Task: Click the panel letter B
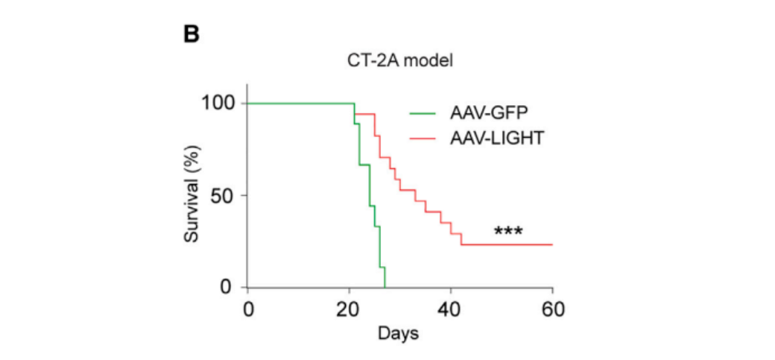[x=192, y=34]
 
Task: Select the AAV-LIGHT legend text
[x=499, y=138]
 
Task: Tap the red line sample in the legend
[x=426, y=138]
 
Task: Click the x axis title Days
[x=398, y=332]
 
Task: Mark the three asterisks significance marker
[x=508, y=232]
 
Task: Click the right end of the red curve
[x=551, y=244]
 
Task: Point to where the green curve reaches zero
[x=385, y=287]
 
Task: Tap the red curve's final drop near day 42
[x=461, y=239]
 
